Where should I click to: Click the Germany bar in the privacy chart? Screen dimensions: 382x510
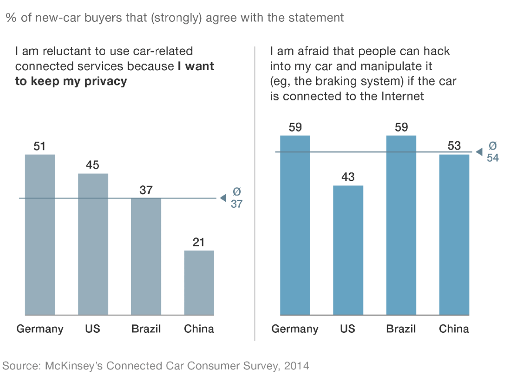click(x=40, y=234)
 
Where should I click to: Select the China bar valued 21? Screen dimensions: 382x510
click(x=199, y=283)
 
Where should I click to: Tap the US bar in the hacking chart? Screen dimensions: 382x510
click(x=348, y=250)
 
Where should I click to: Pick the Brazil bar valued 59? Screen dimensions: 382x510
click(x=401, y=225)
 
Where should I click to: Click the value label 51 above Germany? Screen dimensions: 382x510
click(x=40, y=146)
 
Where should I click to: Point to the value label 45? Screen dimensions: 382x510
click(x=93, y=165)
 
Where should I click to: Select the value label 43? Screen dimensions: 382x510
click(x=348, y=177)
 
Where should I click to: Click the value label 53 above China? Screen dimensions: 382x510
click(x=454, y=146)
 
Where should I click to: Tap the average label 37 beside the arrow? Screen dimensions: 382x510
click(x=236, y=204)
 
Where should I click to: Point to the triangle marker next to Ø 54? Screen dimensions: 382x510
click(x=479, y=152)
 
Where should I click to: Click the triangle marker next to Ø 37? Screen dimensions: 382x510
click(x=223, y=198)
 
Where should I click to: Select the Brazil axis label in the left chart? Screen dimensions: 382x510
click(x=146, y=329)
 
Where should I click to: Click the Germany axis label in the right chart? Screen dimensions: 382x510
click(x=295, y=329)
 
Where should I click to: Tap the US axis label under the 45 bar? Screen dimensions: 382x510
click(x=93, y=329)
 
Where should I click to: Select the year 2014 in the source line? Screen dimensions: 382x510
click(x=297, y=366)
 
